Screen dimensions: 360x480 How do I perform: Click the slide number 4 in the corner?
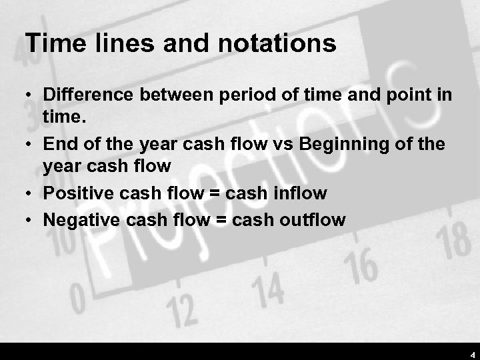[472, 353]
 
